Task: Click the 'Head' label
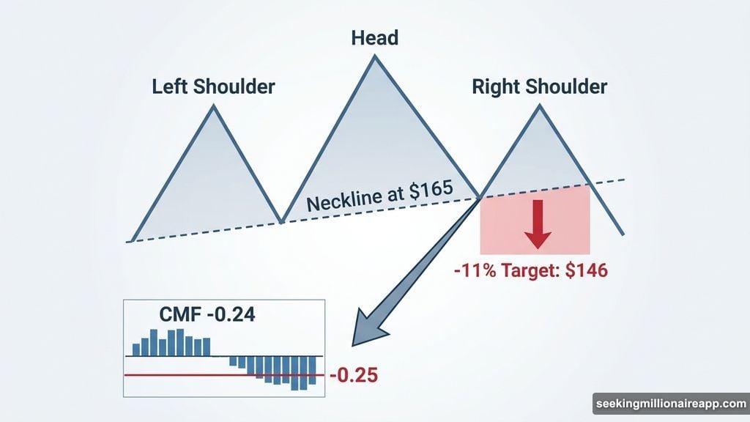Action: coord(374,36)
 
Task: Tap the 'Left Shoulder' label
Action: coord(213,86)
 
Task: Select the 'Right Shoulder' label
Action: coord(539,87)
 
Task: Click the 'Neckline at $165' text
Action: coord(380,198)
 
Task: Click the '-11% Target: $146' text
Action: coord(530,270)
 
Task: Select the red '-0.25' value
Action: coord(354,377)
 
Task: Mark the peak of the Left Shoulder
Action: coord(214,106)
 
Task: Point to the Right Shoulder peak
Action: coord(541,106)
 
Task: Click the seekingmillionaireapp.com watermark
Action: coord(669,404)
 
